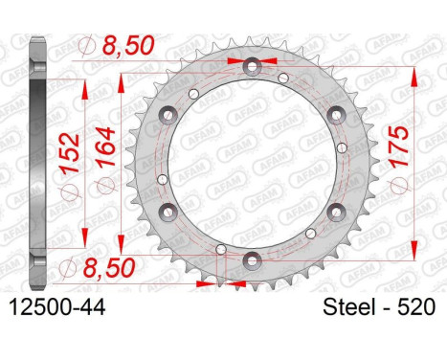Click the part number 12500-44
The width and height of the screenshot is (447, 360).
coord(57,308)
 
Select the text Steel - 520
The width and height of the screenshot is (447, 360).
coord(379,307)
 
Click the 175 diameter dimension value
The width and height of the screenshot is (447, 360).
coord(399,146)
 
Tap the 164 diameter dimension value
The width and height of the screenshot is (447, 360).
coord(105,146)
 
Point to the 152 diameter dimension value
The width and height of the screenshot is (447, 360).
coord(69,153)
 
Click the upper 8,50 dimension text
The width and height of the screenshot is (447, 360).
coord(128,45)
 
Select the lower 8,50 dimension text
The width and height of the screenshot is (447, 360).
coord(109,267)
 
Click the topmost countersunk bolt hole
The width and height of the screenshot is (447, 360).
coord(253,66)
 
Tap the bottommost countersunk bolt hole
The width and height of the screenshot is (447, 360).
coord(253,260)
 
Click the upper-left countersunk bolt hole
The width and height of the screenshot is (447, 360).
coord(168,115)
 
